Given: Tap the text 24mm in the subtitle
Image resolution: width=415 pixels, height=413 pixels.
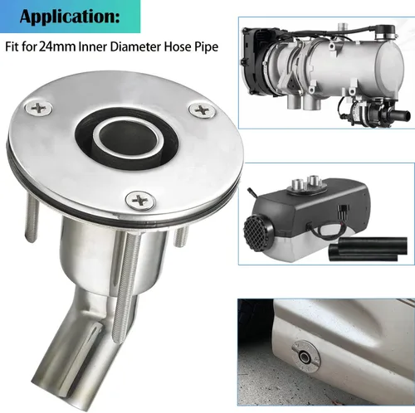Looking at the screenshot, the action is click(x=57, y=46).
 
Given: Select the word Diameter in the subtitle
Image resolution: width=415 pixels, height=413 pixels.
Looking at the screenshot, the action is click(x=135, y=46).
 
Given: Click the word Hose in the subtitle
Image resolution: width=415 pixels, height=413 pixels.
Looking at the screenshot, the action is click(x=178, y=46).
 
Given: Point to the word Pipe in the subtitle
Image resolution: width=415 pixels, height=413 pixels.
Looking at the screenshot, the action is click(x=206, y=47).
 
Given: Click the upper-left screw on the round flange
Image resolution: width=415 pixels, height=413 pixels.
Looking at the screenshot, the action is click(x=37, y=108).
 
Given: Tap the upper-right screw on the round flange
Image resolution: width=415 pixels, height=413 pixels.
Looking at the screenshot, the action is click(x=202, y=110).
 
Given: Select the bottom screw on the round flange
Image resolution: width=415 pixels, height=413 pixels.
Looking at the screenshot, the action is click(x=140, y=199).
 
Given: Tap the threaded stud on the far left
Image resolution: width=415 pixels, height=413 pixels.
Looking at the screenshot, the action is click(x=32, y=219).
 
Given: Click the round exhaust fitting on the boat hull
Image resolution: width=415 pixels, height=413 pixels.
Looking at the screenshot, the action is click(x=306, y=355).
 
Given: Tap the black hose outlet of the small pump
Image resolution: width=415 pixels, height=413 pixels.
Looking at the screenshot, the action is click(x=397, y=114).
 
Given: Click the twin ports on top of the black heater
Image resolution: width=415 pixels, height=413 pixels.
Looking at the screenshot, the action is click(x=305, y=183).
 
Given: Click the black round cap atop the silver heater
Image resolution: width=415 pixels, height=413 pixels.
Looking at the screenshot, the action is click(x=385, y=31).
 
